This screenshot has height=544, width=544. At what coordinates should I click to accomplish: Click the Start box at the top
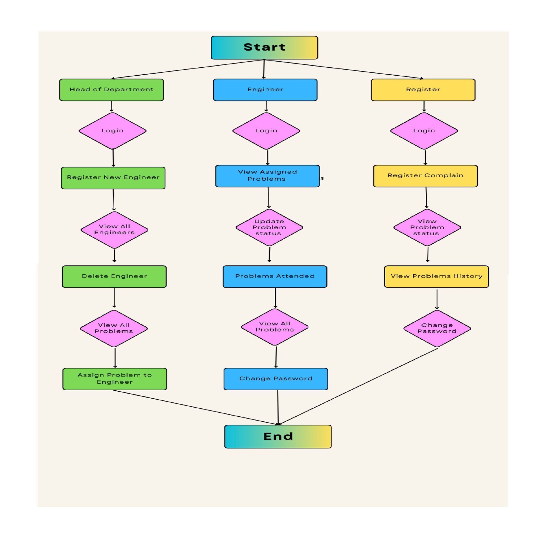coord(264,47)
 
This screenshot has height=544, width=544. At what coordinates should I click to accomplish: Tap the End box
coord(278,437)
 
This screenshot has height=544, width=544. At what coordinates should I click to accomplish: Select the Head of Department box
coord(111,89)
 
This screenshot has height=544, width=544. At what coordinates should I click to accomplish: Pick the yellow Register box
coord(423,89)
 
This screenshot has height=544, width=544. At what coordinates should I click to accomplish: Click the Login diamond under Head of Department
coord(112,131)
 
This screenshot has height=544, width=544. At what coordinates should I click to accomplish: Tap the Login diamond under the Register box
coord(424,131)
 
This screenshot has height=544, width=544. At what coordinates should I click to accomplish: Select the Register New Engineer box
coord(113,178)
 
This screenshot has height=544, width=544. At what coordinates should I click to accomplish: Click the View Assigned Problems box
coord(267,176)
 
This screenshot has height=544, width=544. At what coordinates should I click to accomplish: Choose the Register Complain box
coord(425,176)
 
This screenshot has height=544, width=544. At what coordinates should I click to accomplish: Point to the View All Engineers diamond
coord(114,230)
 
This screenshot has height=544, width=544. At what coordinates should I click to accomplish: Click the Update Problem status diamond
coord(269,227)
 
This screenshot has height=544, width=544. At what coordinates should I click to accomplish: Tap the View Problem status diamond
coord(427,227)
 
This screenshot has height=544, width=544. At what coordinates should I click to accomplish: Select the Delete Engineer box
coord(114,276)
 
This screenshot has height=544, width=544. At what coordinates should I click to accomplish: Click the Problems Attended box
coord(275,276)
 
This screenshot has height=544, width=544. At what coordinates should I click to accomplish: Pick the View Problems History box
coord(436,276)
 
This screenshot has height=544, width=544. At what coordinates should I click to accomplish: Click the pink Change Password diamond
coord(437,328)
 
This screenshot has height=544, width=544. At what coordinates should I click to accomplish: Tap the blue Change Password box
coord(276,379)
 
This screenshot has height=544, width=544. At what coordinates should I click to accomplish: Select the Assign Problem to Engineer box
coord(115,379)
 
